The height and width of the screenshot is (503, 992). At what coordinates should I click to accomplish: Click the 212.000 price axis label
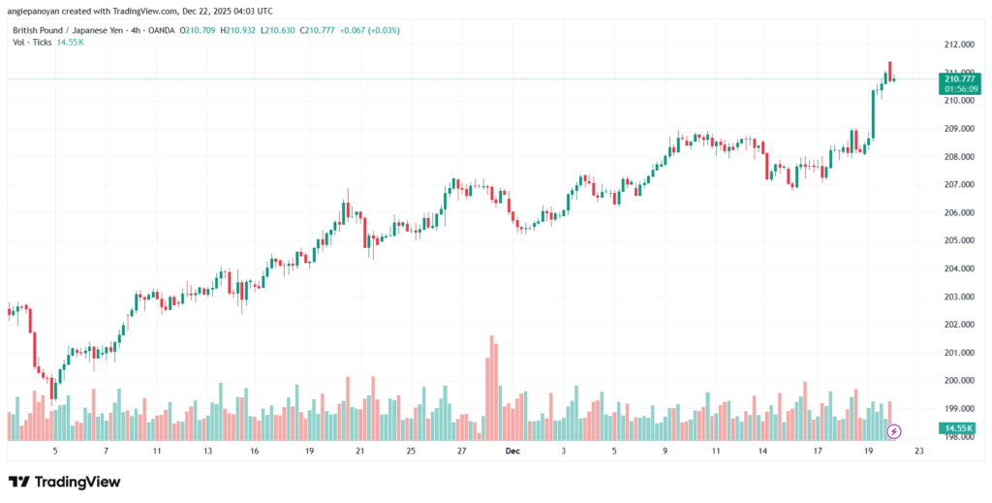(961, 45)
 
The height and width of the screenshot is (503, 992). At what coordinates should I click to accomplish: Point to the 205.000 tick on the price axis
(961, 240)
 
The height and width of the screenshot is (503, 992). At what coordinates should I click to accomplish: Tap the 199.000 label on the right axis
(961, 408)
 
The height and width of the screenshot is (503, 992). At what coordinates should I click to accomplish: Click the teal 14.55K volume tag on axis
(961, 427)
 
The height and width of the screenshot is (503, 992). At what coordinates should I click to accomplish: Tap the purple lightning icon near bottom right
(894, 430)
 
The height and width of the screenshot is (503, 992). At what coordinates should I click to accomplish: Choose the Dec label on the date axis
(511, 452)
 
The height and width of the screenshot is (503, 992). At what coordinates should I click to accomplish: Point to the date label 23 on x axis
(918, 452)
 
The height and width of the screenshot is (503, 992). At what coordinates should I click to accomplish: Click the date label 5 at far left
(55, 452)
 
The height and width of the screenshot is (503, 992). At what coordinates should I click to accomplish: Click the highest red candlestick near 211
(889, 70)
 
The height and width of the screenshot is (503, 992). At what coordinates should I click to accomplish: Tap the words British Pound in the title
(40, 30)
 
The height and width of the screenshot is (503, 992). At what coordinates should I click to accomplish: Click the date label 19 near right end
(867, 452)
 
